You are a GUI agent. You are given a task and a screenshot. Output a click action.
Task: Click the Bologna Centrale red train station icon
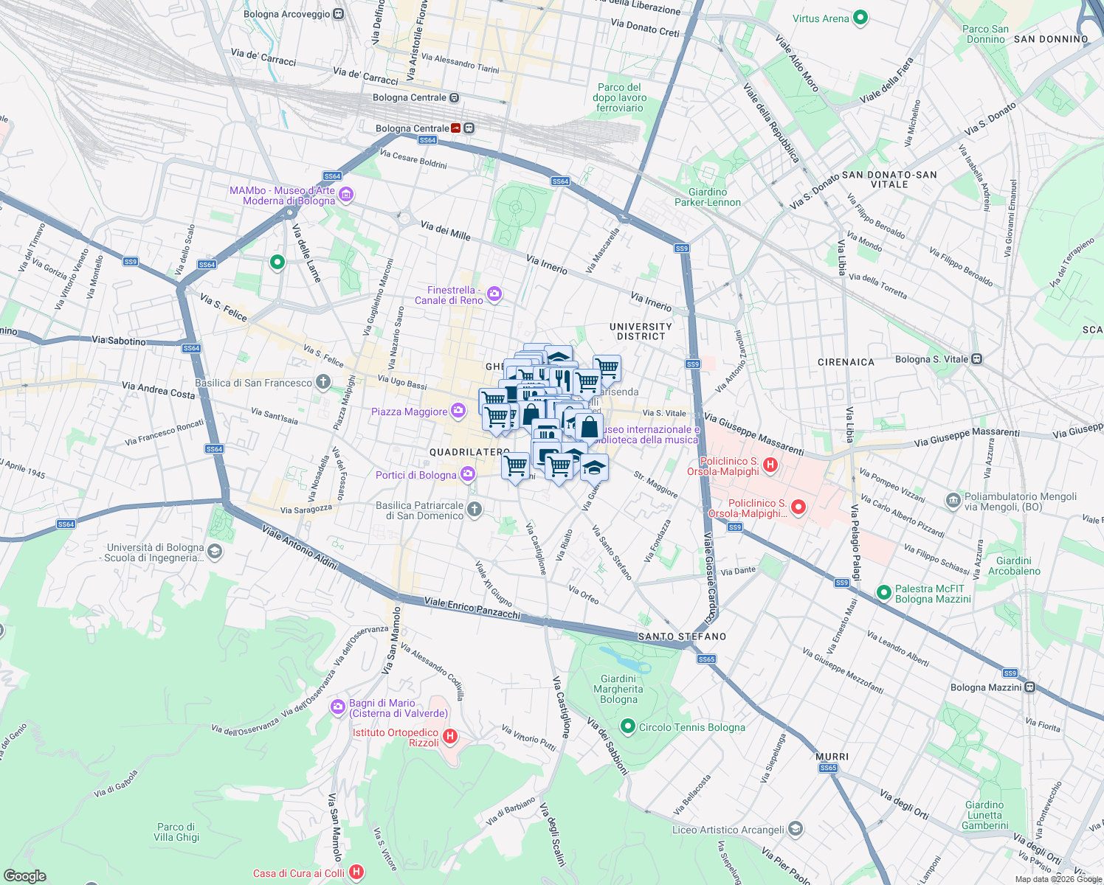click(x=456, y=128)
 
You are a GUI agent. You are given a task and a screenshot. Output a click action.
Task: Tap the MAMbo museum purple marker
click(x=346, y=195)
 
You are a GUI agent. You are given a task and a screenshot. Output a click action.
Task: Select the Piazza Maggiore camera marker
click(x=458, y=411)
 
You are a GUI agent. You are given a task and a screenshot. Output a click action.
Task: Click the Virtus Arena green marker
click(x=860, y=18)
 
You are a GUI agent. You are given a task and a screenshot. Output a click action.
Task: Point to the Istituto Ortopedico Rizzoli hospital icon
click(x=450, y=736)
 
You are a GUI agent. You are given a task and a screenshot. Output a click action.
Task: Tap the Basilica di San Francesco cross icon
click(x=322, y=382)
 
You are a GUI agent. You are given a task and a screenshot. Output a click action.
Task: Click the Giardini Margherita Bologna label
click(x=618, y=689)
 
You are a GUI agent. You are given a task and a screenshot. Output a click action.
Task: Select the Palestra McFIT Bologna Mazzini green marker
click(x=883, y=593)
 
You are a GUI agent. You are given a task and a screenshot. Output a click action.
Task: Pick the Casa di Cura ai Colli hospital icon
click(x=356, y=872)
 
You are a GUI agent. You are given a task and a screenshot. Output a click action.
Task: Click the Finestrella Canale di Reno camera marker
click(x=494, y=295)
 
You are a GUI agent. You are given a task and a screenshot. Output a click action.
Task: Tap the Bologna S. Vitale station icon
click(x=977, y=359)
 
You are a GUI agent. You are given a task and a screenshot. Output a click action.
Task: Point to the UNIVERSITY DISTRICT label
click(x=641, y=331)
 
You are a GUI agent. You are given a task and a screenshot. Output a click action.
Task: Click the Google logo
click(x=24, y=875)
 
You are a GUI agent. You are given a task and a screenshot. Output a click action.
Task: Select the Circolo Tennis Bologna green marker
click(x=628, y=727)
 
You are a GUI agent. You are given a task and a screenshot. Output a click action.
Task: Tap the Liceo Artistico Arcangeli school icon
click(x=795, y=830)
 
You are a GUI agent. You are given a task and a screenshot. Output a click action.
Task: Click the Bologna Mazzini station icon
click(x=1029, y=687)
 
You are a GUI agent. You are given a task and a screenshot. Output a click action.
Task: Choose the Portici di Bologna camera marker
click(x=467, y=474)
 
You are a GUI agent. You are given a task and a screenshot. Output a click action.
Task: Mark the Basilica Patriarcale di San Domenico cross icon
click(x=475, y=509)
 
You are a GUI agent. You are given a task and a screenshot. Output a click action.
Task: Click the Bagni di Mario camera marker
click(x=338, y=707)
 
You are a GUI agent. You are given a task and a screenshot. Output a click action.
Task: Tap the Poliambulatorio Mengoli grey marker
click(x=953, y=501)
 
